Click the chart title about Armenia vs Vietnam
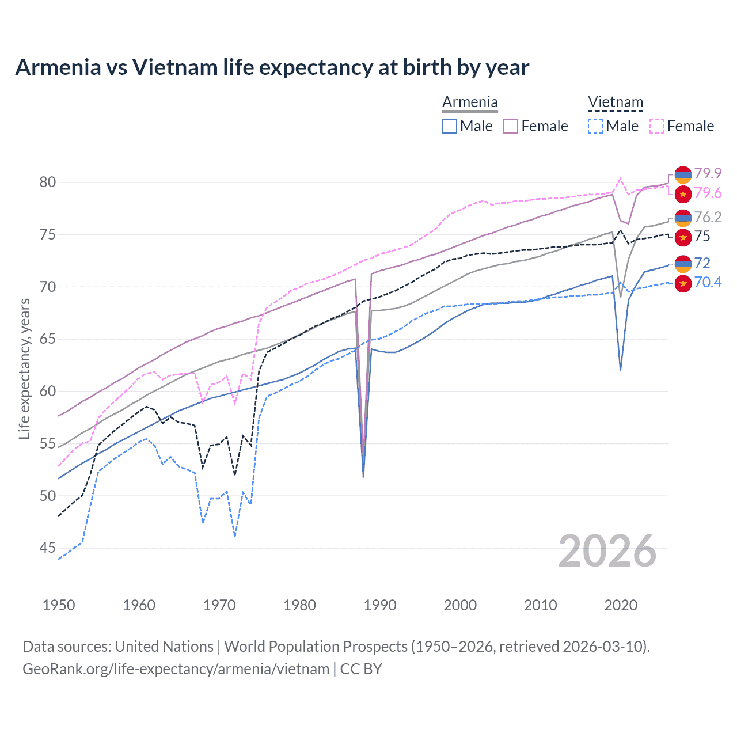(x=272, y=67)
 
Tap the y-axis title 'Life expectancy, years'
(x=24, y=368)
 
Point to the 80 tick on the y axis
(x=48, y=183)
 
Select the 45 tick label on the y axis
(x=48, y=548)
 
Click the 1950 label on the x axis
(x=59, y=605)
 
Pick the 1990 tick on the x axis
(x=380, y=605)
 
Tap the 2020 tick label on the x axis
(x=621, y=605)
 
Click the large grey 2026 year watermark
(x=607, y=551)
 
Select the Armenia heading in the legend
(x=470, y=102)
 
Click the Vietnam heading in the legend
(x=615, y=102)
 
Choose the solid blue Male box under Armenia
(x=450, y=126)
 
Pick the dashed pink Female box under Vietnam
(x=656, y=126)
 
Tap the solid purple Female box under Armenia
(x=511, y=126)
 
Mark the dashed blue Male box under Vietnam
(x=595, y=126)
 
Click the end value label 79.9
(x=708, y=173)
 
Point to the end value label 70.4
(x=708, y=282)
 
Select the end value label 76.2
(x=708, y=217)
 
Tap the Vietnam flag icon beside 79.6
(x=683, y=194)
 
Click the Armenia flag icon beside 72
(x=683, y=264)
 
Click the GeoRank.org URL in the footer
(x=176, y=669)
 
